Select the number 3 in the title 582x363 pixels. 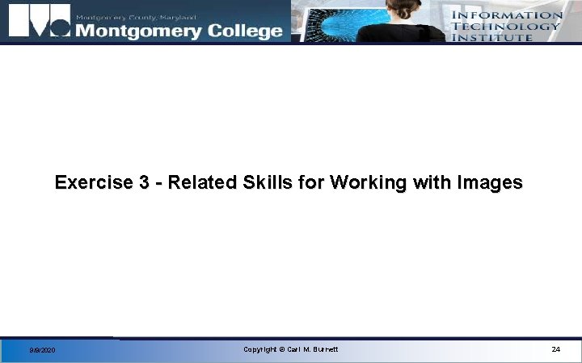point(143,183)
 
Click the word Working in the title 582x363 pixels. point(365,183)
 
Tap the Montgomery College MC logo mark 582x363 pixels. point(38,22)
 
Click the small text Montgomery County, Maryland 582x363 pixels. point(135,16)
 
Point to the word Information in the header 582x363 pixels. point(507,15)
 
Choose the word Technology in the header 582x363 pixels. point(506,26)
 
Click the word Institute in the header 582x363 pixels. point(492,36)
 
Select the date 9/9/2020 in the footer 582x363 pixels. point(42,350)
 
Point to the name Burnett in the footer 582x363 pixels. point(324,349)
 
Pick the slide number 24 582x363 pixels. point(555,349)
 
